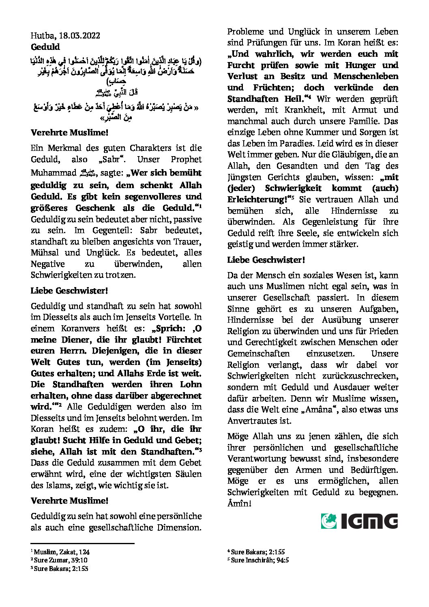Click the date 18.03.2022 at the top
77,36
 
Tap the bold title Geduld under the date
45,47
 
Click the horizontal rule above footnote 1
82,543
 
